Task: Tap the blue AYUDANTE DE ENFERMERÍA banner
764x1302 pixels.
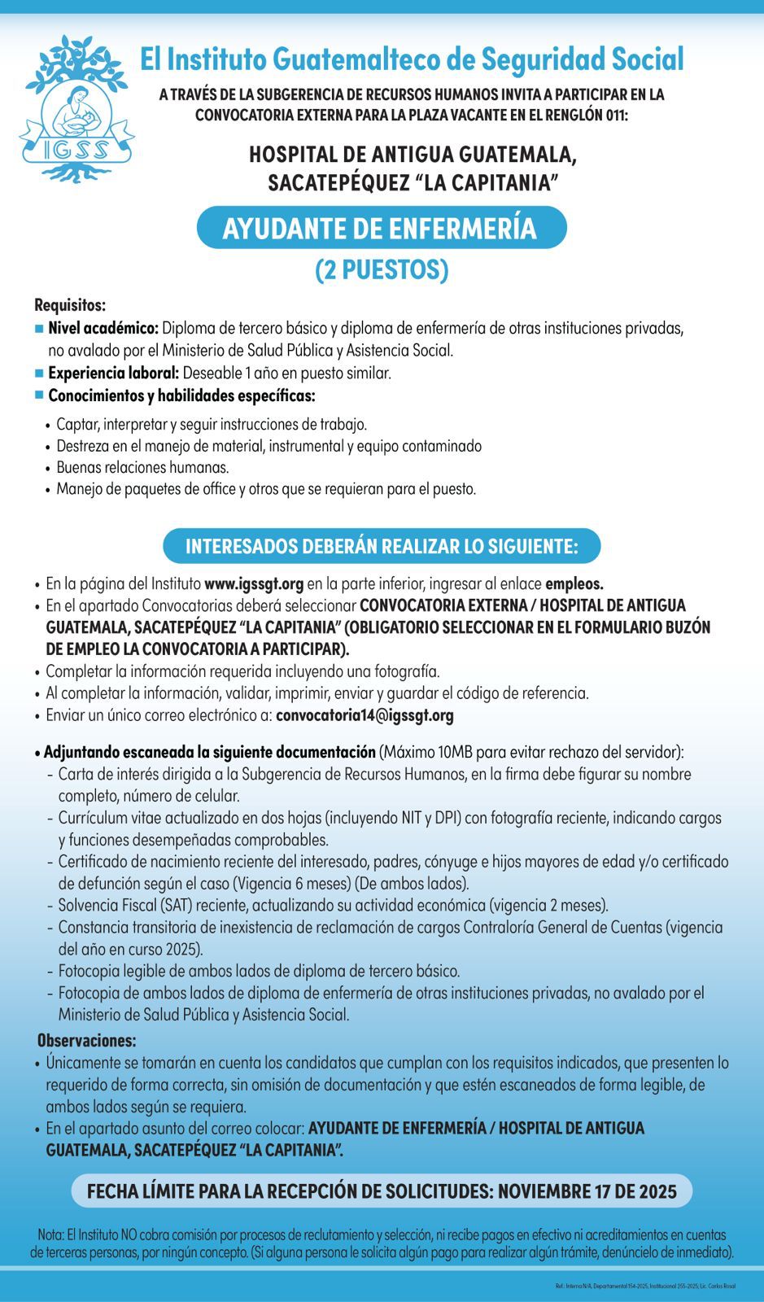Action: pos(381,229)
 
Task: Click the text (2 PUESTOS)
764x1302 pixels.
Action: pos(382,270)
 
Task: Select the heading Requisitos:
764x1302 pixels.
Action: pos(70,306)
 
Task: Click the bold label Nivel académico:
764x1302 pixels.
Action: pos(103,329)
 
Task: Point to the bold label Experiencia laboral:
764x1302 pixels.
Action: pos(113,374)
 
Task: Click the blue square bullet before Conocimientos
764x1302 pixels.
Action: pos(39,395)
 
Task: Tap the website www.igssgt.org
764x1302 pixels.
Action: pos(254,583)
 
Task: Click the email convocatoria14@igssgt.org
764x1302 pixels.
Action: pos(365,716)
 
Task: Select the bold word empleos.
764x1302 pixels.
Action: pos(574,583)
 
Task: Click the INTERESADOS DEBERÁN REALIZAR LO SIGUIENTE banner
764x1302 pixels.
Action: pos(382,546)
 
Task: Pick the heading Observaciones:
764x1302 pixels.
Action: pos(87,1041)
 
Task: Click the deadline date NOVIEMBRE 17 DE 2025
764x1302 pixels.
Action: pos(587,1191)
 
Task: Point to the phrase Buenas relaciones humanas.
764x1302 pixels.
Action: pos(142,468)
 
